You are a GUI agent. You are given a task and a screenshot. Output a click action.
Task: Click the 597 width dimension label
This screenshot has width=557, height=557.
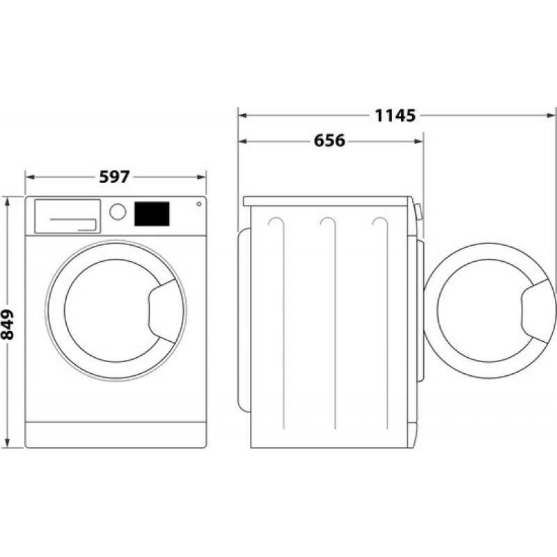point(114,177)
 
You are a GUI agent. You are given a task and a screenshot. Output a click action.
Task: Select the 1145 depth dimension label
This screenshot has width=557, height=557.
point(395,116)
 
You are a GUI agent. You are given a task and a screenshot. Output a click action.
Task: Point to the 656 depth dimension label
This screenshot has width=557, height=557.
point(329,141)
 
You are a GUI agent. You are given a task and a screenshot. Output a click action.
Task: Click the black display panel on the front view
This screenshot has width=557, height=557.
point(152,214)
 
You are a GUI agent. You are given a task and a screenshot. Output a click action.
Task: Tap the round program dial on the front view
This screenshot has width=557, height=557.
point(118,212)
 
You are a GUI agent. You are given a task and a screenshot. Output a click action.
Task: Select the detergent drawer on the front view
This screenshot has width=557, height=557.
point(67,216)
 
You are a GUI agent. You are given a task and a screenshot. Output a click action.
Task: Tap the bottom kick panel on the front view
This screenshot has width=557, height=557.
point(116,434)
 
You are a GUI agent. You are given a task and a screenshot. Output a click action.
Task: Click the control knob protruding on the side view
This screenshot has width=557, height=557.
point(418,212)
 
